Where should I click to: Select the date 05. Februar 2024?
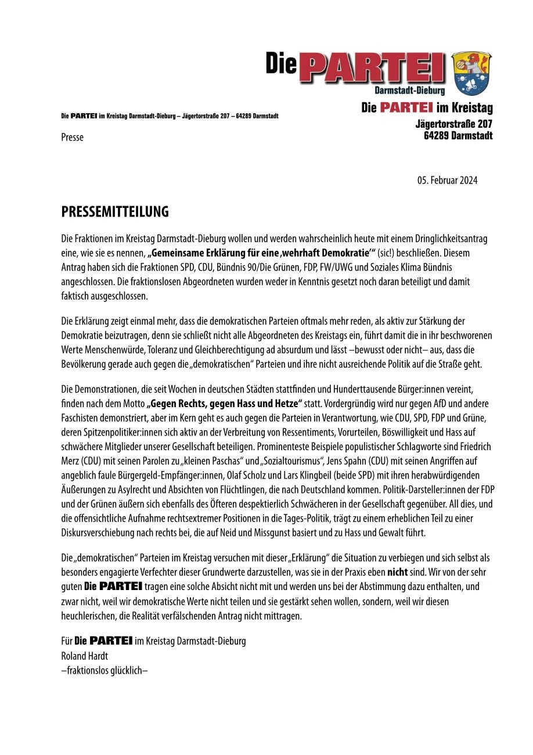coord(447,181)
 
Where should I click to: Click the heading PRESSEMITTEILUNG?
coord(115,212)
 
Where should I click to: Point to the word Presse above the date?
coord(73,138)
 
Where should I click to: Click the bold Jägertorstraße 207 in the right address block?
coord(454,124)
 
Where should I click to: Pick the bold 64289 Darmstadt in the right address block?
coord(458,136)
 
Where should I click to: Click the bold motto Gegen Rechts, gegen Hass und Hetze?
coord(226,402)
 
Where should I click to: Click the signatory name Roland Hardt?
coord(84,656)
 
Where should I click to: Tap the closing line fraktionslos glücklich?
coord(105,670)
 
